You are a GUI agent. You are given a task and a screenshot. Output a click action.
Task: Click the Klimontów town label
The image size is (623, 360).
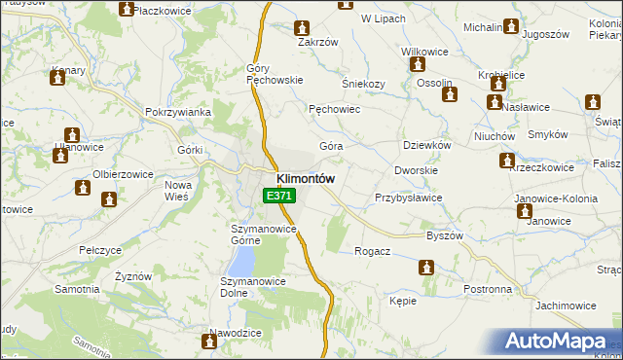[306, 179]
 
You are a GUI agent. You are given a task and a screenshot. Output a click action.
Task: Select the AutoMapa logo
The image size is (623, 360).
[557, 341]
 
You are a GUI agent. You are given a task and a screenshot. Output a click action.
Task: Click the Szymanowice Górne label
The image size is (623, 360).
[263, 229]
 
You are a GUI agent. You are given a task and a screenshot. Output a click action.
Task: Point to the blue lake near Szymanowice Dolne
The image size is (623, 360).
[241, 259]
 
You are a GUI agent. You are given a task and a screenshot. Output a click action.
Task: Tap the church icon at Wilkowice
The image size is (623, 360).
[419, 65]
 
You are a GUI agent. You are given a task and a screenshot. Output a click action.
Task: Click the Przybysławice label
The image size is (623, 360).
[409, 198]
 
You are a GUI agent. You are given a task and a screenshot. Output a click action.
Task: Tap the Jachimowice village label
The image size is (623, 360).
[565, 306]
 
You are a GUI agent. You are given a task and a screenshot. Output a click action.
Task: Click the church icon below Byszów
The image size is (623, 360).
[427, 267]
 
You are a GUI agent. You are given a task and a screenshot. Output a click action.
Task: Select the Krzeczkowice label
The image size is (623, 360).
[540, 167]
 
